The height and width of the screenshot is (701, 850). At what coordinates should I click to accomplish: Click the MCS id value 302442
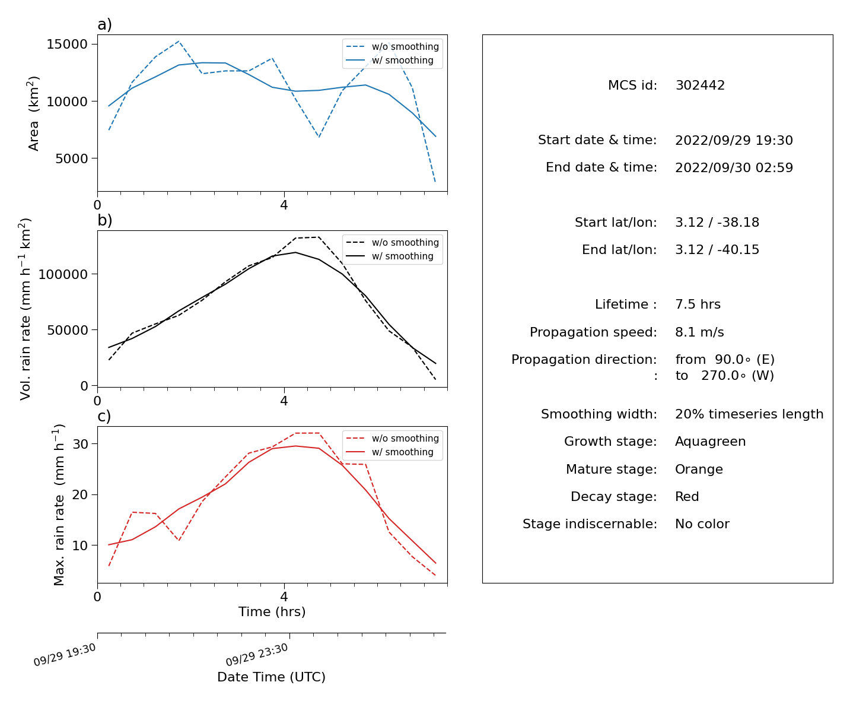pyautogui.click(x=700, y=85)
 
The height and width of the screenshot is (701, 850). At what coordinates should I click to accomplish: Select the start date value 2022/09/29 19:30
pyautogui.click(x=734, y=140)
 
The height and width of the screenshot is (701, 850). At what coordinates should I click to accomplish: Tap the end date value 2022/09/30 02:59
pyautogui.click(x=734, y=167)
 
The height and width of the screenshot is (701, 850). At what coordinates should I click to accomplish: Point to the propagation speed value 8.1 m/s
pyautogui.click(x=699, y=332)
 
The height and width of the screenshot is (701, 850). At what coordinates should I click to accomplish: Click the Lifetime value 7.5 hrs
pyautogui.click(x=698, y=304)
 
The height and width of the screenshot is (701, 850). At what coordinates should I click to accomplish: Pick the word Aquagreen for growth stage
pyautogui.click(x=711, y=442)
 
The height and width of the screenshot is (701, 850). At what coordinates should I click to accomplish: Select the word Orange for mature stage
pyautogui.click(x=699, y=470)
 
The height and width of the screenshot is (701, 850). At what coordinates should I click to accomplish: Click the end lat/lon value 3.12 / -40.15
pyautogui.click(x=717, y=250)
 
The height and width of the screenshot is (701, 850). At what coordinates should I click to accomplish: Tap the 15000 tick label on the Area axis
pyautogui.click(x=67, y=44)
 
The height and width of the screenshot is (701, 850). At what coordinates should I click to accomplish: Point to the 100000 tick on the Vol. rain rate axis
pyautogui.click(x=63, y=274)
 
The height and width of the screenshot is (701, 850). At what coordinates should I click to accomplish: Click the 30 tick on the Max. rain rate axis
pyautogui.click(x=80, y=444)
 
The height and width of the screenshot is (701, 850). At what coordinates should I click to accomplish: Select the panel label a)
pyautogui.click(x=104, y=24)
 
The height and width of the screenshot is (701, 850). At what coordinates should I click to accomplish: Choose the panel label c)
pyautogui.click(x=104, y=416)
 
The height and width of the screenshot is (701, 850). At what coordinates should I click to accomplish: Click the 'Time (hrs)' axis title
pyautogui.click(x=272, y=611)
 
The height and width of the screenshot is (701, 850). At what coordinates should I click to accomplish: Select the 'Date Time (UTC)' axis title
pyautogui.click(x=271, y=677)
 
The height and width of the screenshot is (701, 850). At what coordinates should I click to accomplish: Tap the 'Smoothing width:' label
pyautogui.click(x=599, y=414)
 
